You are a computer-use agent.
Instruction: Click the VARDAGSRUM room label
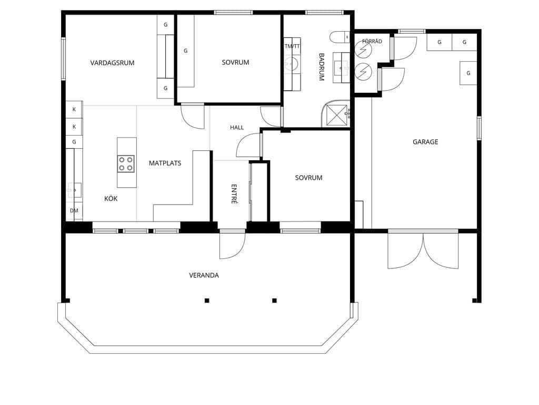click(112, 63)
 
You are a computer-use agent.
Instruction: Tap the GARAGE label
click(425, 142)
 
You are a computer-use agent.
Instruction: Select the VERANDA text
click(204, 275)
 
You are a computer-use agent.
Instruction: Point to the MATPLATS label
click(165, 163)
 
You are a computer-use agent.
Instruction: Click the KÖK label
click(111, 198)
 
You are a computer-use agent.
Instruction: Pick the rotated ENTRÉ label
click(234, 194)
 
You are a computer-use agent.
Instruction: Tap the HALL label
click(237, 128)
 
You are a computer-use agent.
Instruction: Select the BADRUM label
click(322, 67)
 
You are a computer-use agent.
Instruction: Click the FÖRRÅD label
click(372, 41)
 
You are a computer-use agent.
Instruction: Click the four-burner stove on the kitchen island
click(126, 164)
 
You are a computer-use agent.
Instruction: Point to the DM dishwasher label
click(74, 211)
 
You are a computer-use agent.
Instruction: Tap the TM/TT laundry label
click(292, 46)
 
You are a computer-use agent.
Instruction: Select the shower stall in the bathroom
click(335, 114)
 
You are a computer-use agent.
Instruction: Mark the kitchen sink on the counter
click(75, 190)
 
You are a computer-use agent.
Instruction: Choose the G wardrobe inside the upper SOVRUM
click(186, 51)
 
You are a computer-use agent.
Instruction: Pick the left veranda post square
click(207, 301)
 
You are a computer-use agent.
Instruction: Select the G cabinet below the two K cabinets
click(74, 142)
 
